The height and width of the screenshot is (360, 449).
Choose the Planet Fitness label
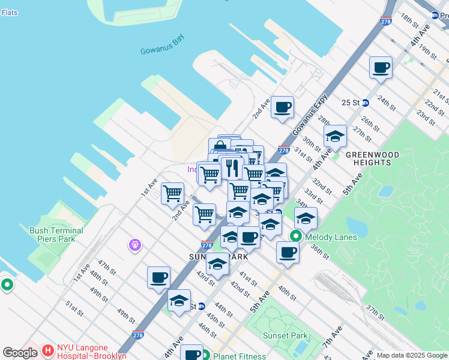point(239,356)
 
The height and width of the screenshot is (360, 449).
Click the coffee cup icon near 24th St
point(381,67)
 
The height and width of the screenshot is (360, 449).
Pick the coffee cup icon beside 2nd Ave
point(282,107)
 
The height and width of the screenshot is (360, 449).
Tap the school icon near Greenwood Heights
point(335,136)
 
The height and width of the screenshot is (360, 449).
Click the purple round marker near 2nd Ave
point(134,245)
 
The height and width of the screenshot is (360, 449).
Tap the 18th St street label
point(410,19)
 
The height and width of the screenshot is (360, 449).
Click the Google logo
point(20,353)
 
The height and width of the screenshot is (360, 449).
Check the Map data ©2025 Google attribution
point(411,355)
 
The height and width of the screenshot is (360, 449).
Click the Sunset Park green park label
point(287,336)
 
